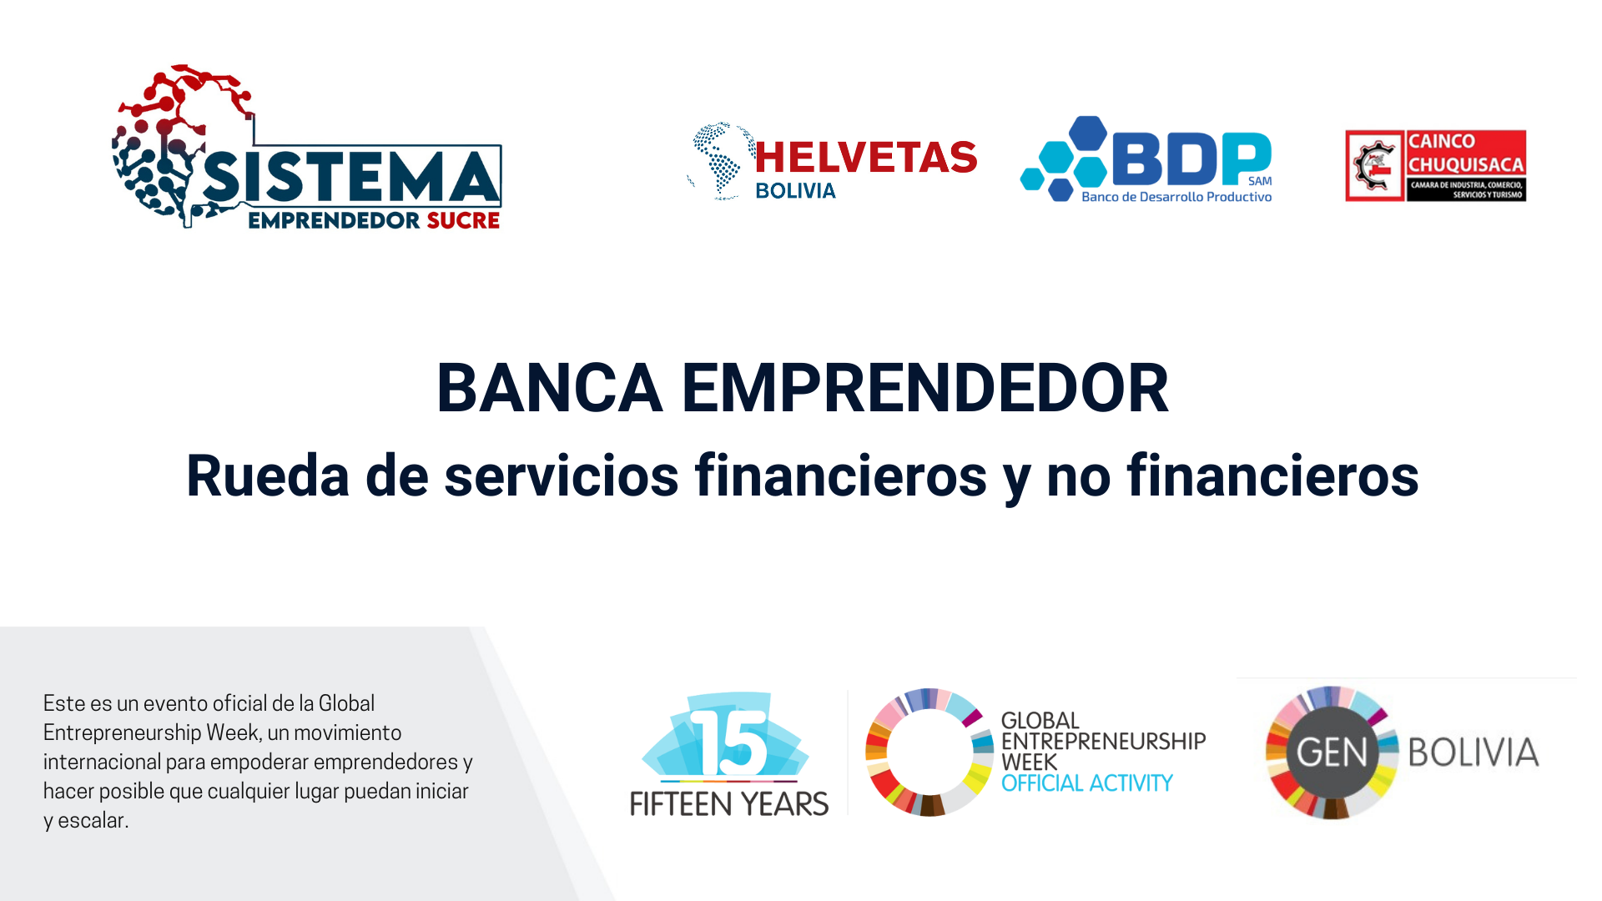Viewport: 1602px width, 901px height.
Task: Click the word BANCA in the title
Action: click(550, 388)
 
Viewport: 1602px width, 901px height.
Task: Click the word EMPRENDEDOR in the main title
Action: click(925, 388)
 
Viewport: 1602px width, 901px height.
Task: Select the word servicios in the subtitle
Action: click(562, 476)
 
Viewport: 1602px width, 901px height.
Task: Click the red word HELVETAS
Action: click(866, 157)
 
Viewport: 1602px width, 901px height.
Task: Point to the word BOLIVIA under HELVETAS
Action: click(795, 191)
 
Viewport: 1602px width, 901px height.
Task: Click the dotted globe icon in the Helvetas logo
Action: click(720, 161)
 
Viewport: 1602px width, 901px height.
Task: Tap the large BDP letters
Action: click(1191, 159)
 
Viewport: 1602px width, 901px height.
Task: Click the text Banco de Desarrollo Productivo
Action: click(1176, 197)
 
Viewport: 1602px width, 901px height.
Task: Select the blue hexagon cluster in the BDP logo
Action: click(1065, 159)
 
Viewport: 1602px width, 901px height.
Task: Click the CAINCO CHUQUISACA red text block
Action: click(1466, 153)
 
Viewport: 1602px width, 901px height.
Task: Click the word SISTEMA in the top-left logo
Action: click(350, 177)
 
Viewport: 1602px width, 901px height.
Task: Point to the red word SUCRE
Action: click(463, 220)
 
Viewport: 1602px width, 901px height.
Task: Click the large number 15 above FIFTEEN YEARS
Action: click(729, 743)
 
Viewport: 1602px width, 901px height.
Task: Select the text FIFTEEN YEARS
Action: click(729, 803)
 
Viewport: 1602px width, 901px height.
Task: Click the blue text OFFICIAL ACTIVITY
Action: click(1086, 783)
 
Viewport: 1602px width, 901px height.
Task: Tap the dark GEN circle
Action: click(1332, 753)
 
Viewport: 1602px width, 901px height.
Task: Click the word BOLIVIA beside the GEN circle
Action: click(1474, 753)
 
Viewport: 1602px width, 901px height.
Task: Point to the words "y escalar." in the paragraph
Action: click(86, 820)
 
